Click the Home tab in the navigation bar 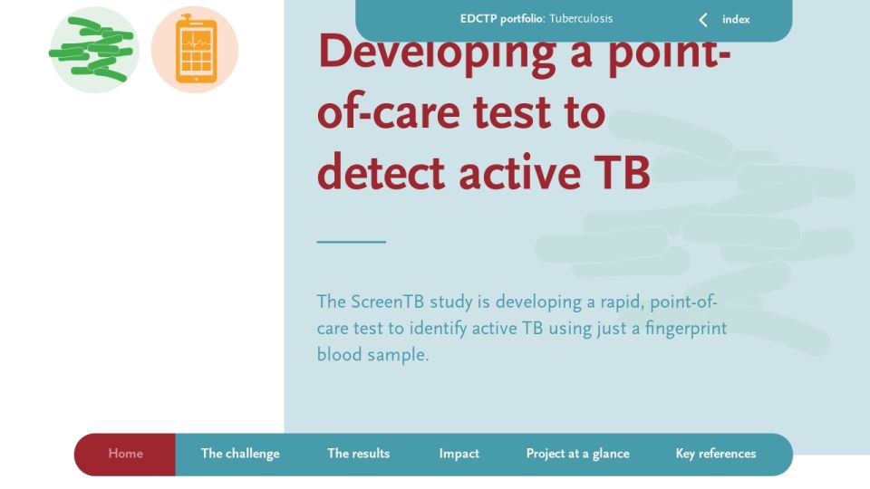pyautogui.click(x=125, y=454)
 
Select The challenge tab pyautogui.click(x=240, y=454)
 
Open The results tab pyautogui.click(x=359, y=454)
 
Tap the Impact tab pyautogui.click(x=459, y=454)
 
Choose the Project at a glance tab pyautogui.click(x=577, y=454)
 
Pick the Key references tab pyautogui.click(x=716, y=454)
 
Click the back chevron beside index pyautogui.click(x=703, y=20)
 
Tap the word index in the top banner pyautogui.click(x=736, y=19)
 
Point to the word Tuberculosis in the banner pyautogui.click(x=581, y=18)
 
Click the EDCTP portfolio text pyautogui.click(x=502, y=19)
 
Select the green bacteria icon pyautogui.click(x=93, y=49)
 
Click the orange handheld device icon pyautogui.click(x=196, y=49)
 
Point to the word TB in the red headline pyautogui.click(x=622, y=173)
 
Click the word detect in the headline pyautogui.click(x=382, y=173)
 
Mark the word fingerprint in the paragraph pyautogui.click(x=686, y=329)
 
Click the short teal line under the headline pyautogui.click(x=352, y=242)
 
